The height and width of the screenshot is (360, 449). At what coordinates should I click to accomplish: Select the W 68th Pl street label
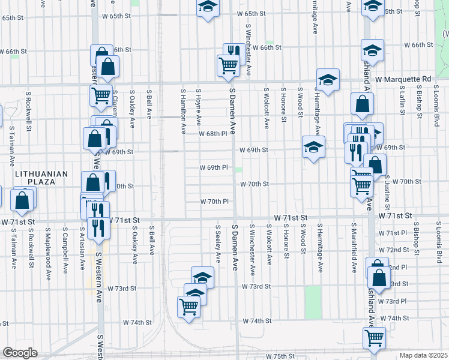(x=214, y=134)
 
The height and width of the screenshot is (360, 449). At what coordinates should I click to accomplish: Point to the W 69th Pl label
(x=214, y=167)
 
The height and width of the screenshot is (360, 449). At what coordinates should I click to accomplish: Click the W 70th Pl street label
(x=215, y=202)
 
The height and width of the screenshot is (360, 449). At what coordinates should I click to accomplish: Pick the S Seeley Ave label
(x=218, y=245)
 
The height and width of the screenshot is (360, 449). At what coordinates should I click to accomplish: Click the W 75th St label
(x=280, y=356)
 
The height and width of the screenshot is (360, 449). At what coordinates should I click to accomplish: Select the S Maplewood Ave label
(x=47, y=245)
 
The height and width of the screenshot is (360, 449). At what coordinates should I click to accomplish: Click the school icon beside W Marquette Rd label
(x=328, y=80)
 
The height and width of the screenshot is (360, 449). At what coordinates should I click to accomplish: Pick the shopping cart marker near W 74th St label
(x=189, y=307)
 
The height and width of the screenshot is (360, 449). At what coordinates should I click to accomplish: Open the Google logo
(x=20, y=353)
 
